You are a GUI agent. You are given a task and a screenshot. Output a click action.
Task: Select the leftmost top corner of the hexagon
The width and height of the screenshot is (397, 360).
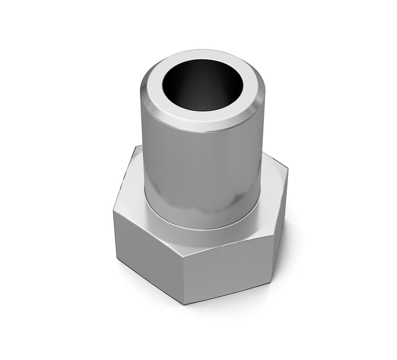pyautogui.click(x=114, y=211)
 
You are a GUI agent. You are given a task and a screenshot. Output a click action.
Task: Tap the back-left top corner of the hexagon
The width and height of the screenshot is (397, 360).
pyautogui.click(x=135, y=147)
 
